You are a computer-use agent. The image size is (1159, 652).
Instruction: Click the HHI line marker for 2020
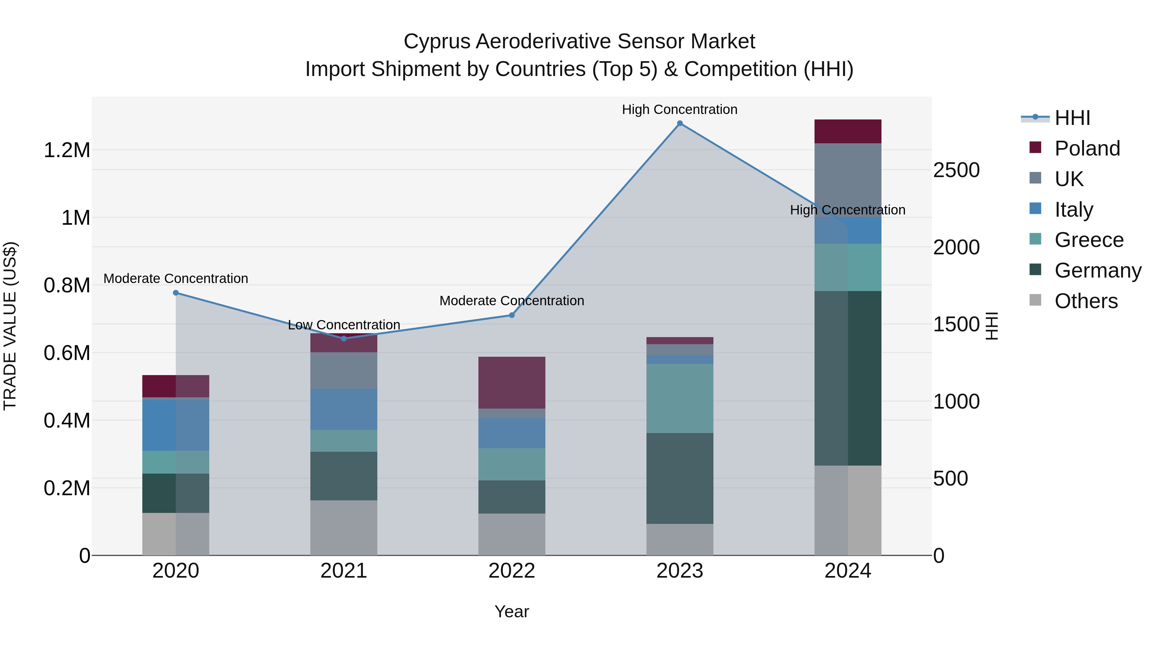pos(176,293)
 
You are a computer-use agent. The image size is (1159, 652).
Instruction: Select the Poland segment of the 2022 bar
pos(512,383)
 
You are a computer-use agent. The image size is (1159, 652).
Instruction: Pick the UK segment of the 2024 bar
pos(848,180)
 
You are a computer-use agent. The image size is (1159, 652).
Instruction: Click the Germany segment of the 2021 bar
pos(344,476)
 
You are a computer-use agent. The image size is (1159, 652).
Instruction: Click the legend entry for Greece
pos(1088,240)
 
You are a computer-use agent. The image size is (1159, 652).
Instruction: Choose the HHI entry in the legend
pos(1072,118)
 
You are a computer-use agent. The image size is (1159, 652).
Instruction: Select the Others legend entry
pos(1085,301)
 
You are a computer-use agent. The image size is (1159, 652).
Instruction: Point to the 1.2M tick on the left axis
pos(67,150)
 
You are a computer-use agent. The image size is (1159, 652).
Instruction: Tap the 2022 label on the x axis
pos(512,571)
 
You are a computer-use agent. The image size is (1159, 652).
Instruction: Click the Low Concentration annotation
pos(344,325)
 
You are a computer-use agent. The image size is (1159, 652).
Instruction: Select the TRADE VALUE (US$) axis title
pos(10,326)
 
